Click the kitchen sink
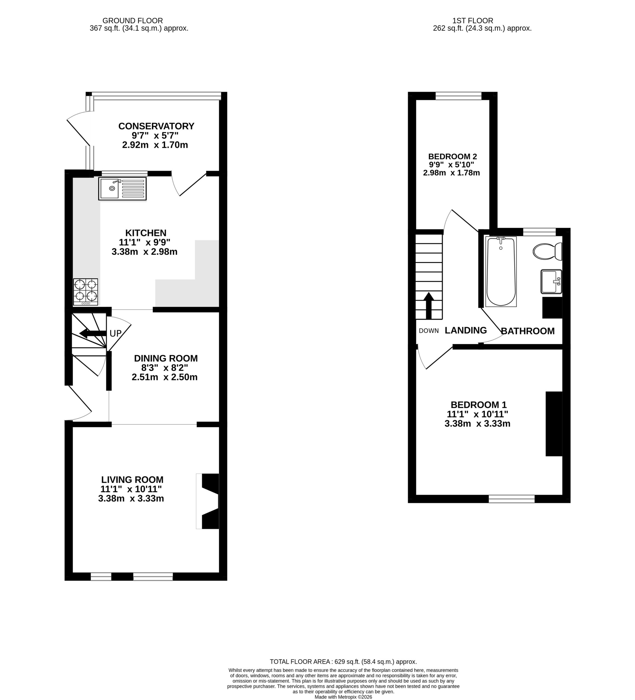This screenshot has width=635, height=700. (122, 189)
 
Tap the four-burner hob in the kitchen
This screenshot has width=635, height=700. (85, 292)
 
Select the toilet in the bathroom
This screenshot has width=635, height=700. (547, 251)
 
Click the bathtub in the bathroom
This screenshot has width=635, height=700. (501, 272)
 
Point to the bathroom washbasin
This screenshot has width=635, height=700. (551, 282)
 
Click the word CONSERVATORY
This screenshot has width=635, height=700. (156, 126)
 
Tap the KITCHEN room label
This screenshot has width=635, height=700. (146, 233)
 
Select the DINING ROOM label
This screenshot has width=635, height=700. (166, 358)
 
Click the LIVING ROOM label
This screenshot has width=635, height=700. (132, 480)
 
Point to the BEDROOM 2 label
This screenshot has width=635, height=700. (452, 157)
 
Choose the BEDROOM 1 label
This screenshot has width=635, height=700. (479, 405)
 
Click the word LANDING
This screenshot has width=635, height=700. (466, 331)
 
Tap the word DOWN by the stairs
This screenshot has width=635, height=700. (429, 331)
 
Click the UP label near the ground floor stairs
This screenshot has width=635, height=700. (116, 334)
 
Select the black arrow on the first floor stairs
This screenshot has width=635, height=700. (429, 305)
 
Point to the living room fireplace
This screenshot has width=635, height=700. (208, 501)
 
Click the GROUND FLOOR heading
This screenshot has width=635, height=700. (132, 21)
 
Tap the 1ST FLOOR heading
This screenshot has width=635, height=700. (473, 21)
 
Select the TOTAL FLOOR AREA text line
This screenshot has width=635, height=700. (343, 662)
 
